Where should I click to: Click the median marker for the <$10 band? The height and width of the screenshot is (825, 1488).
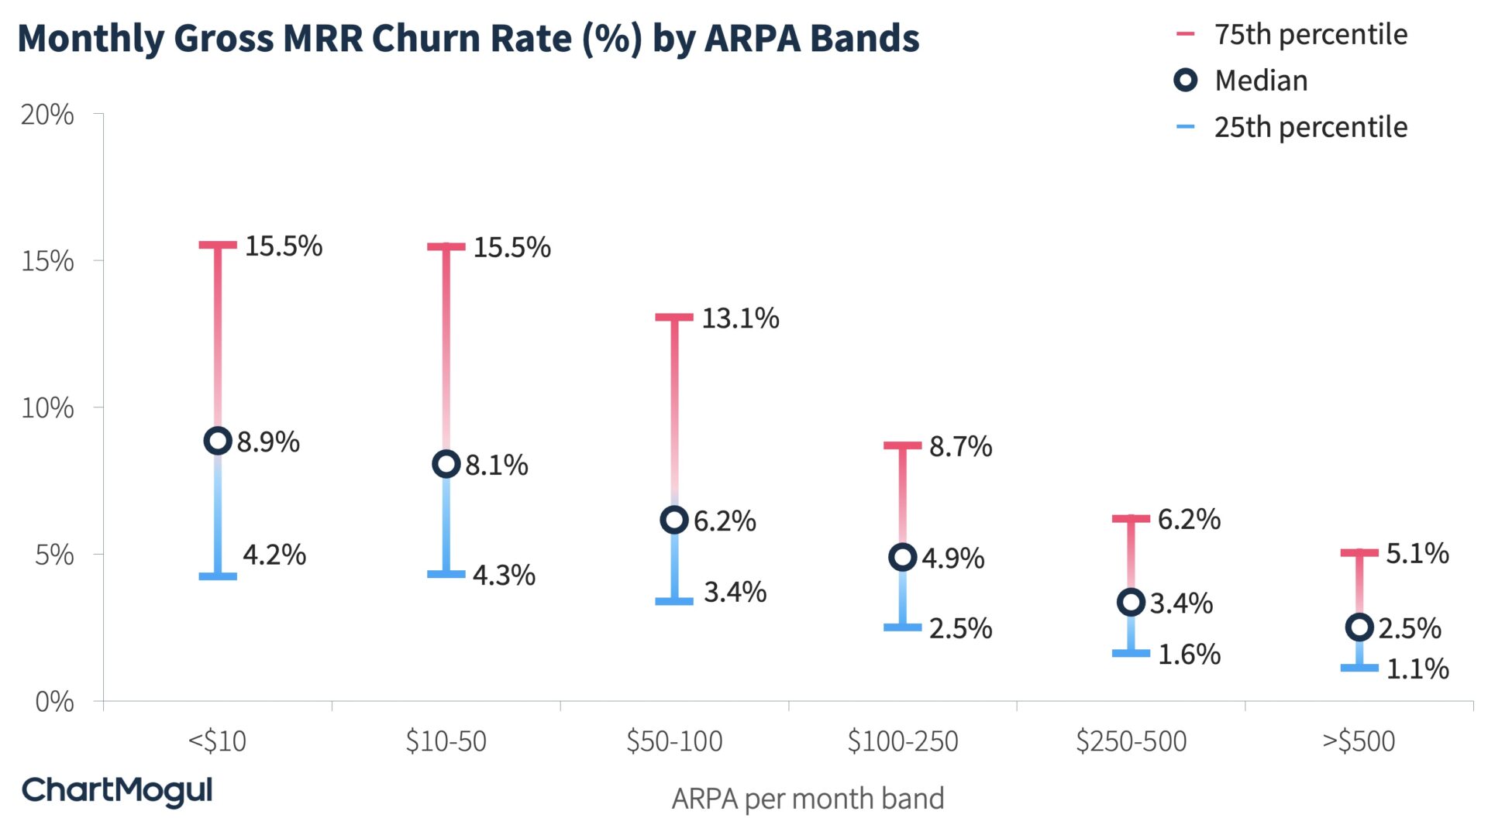218,441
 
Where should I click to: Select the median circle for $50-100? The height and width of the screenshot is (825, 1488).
674,520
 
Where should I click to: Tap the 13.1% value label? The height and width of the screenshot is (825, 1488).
740,318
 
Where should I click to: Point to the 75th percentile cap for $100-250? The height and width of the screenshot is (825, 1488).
902,445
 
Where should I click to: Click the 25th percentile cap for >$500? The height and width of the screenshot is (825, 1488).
1359,667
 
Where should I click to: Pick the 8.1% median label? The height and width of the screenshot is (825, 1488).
497,465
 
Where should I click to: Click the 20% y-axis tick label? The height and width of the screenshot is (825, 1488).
48,115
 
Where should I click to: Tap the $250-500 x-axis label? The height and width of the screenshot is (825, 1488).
1131,741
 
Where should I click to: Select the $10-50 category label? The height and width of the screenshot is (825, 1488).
446,741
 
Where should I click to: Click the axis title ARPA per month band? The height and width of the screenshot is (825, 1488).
808,799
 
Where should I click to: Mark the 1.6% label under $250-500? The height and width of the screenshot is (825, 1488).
1189,655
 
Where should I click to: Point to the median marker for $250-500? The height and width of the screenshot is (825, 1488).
1131,602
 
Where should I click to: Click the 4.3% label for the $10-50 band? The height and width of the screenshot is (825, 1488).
504,575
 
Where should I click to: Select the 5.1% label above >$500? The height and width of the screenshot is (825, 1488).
1417,553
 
